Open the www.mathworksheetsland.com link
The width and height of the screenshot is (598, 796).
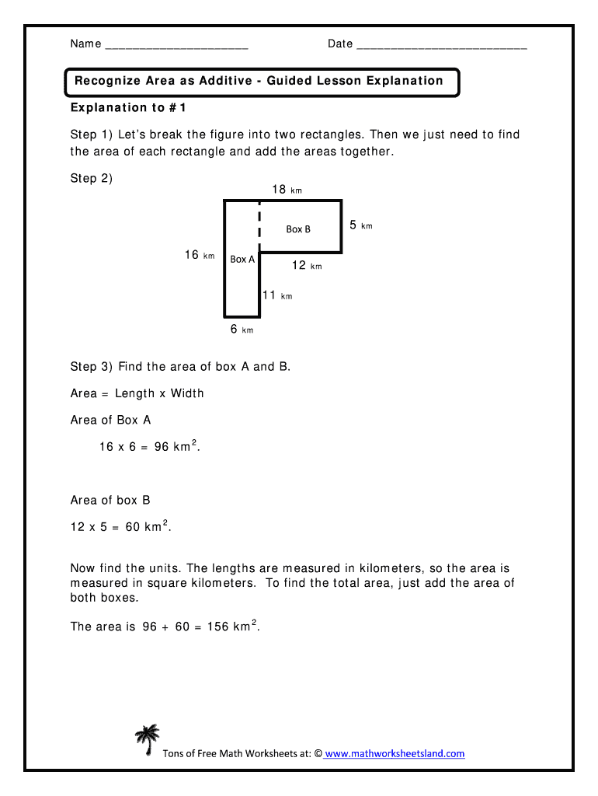pos(395,753)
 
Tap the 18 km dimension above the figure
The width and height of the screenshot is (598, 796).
pos(286,189)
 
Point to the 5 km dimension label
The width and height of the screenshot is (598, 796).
pos(360,225)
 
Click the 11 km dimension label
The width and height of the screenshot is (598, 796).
pos(276,295)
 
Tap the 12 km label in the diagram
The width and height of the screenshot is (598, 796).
pos(306,266)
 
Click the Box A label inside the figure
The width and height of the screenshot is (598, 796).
pos(242,259)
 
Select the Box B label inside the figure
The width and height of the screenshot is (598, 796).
pos(298,229)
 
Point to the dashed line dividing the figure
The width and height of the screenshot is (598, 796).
pos(259,222)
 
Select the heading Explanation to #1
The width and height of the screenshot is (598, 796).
pos(129,107)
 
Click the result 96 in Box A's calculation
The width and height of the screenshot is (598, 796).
pos(162,447)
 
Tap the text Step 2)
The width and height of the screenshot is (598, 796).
pos(92,178)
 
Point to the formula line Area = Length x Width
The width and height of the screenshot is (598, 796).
pos(137,393)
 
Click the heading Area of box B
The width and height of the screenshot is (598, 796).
pos(110,500)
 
